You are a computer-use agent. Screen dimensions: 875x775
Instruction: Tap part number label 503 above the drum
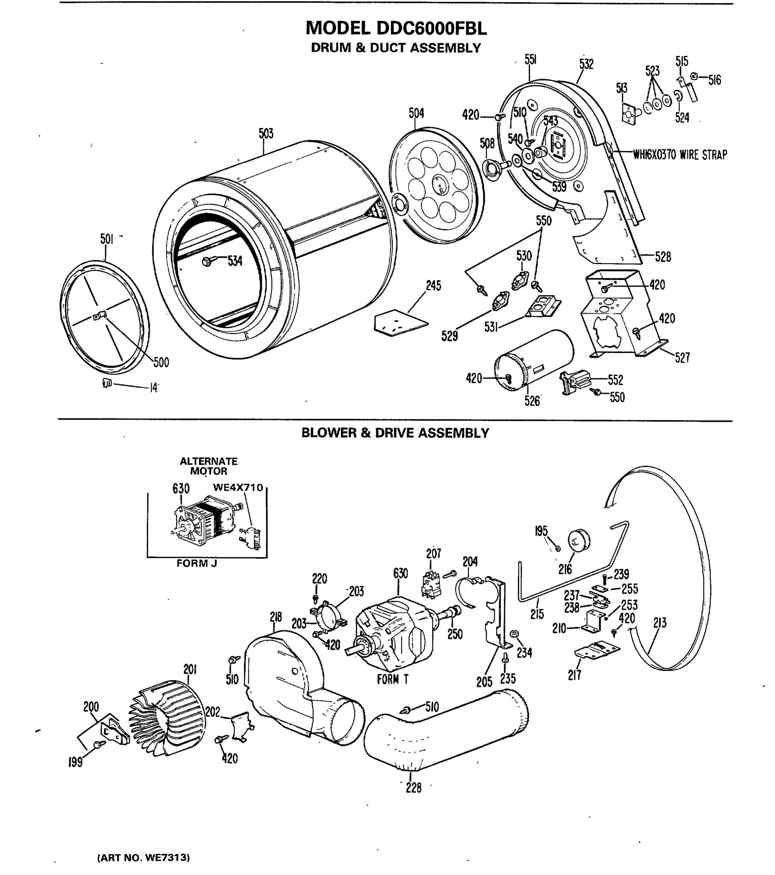[x=266, y=133]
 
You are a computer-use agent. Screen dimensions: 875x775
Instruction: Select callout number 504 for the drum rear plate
[x=416, y=113]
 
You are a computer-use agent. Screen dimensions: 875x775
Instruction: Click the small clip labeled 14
[x=107, y=383]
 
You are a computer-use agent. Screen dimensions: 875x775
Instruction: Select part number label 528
[x=663, y=257]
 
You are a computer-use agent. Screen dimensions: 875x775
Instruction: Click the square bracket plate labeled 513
[x=628, y=113]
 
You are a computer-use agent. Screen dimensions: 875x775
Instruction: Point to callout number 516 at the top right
[x=714, y=80]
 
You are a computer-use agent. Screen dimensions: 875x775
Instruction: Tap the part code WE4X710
[x=238, y=487]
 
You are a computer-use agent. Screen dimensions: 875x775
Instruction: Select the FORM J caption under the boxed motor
[x=197, y=564]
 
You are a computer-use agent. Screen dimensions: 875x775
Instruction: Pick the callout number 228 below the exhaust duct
[x=414, y=787]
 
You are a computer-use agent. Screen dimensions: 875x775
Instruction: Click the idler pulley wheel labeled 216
[x=579, y=541]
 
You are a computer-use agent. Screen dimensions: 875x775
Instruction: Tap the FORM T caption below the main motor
[x=392, y=679]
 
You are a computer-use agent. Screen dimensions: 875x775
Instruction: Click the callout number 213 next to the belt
[x=659, y=623]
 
